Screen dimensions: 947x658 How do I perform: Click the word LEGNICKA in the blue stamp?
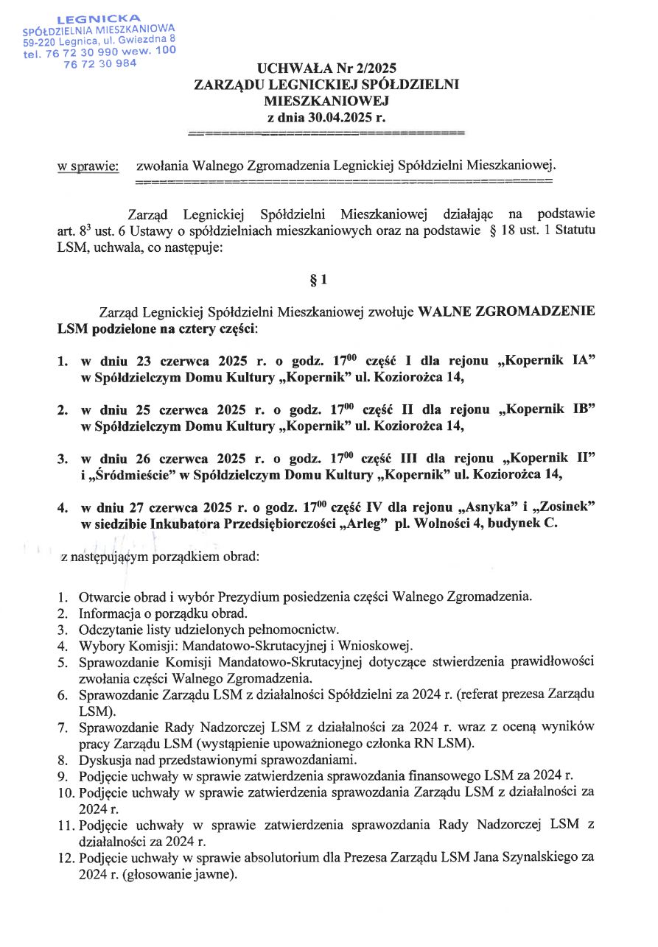tap(100, 17)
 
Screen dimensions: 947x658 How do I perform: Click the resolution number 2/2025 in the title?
tap(368, 69)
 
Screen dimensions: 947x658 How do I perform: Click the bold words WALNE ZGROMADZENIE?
tap(506, 311)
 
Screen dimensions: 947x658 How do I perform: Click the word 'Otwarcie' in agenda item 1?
tap(104, 596)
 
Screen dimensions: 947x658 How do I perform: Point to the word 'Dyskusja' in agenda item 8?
tap(103, 759)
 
